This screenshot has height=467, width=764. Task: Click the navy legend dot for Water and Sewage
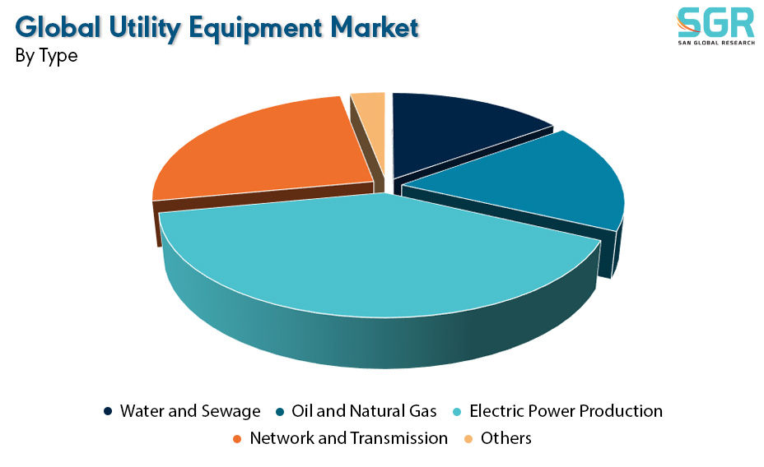pos(108,412)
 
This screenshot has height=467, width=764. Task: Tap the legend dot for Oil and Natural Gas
pos(280,412)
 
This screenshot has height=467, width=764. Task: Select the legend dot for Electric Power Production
pos(457,412)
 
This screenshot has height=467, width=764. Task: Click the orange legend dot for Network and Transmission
pos(238,439)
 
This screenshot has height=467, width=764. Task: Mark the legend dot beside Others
pos(468,439)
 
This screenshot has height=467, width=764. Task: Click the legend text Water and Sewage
pos(190,412)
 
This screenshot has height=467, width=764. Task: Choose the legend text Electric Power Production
pos(566,412)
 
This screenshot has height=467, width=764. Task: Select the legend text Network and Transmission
pos(348,438)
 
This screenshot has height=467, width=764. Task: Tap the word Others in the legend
pos(505,438)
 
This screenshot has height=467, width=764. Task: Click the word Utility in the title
pos(145,28)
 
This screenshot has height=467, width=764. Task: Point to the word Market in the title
pos(375,28)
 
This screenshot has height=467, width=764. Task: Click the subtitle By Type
pos(46,55)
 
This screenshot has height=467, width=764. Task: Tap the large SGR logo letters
pos(715,22)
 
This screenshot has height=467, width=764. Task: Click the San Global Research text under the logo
pos(716,43)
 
